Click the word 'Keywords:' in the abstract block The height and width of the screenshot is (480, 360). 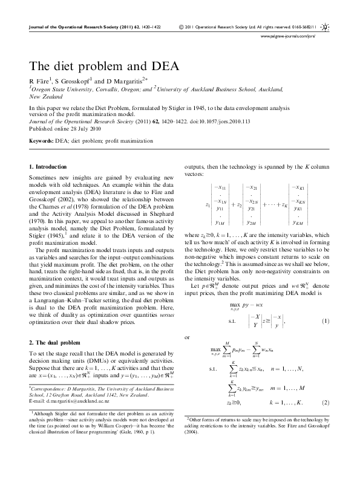coord(41,141)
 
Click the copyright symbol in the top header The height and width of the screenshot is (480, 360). coord(182,27)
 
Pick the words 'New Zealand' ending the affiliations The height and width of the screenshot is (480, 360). coord(45,96)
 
